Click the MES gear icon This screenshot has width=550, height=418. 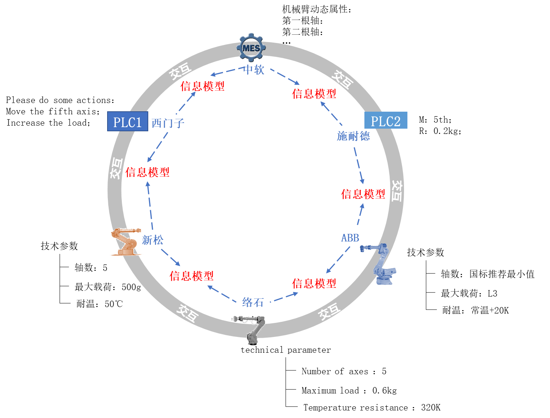click(x=251, y=48)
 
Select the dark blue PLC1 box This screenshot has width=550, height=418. click(x=128, y=122)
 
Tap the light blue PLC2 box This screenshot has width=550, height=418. click(x=386, y=121)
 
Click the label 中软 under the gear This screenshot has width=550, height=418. click(x=254, y=70)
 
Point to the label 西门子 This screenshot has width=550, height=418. click(x=168, y=123)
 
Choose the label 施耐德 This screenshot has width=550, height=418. click(x=353, y=136)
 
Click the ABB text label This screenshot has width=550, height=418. click(x=350, y=238)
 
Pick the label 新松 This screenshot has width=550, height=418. click(x=153, y=240)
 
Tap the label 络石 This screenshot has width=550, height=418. click(x=253, y=302)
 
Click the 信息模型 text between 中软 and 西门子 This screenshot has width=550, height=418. click(x=202, y=86)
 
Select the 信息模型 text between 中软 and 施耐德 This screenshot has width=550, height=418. click(x=314, y=94)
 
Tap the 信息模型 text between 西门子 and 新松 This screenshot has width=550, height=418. click(x=147, y=172)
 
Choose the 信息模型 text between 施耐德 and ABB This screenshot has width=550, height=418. click(x=363, y=194)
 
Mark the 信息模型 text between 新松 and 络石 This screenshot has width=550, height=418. click(x=191, y=276)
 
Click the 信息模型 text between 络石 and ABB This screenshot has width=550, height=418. click(x=314, y=284)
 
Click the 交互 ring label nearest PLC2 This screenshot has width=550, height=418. click(x=342, y=79)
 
